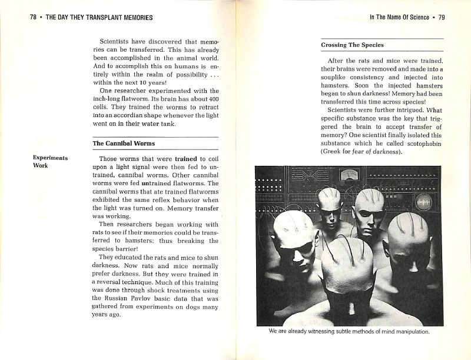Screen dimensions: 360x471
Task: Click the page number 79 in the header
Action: click(442, 17)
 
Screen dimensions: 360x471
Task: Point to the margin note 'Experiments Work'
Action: click(50, 162)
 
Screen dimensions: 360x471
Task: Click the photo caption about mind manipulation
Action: click(349, 331)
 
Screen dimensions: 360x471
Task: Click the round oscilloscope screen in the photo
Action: click(423, 202)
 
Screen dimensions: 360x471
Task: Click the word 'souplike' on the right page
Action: click(336, 77)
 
